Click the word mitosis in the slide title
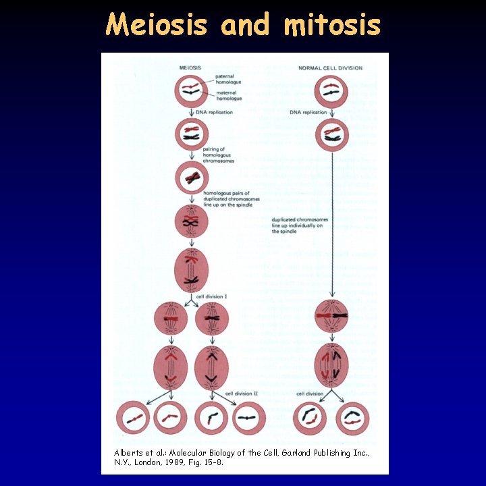click(332, 25)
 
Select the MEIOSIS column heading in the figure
click(192, 68)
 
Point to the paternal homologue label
click(230, 78)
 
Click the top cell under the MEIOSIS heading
click(192, 90)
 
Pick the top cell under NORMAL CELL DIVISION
click(331, 90)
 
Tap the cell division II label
click(242, 393)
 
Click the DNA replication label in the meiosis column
click(214, 112)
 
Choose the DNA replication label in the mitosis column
click(308, 112)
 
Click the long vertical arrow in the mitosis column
click(331, 223)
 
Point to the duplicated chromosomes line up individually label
click(300, 225)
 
